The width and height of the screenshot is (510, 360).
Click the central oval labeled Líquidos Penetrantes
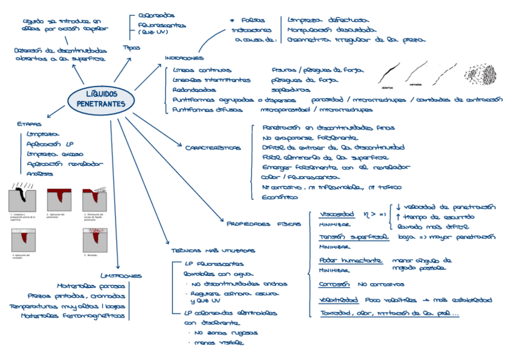pyautogui.click(x=101, y=99)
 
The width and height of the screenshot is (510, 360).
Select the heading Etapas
pyautogui.click(x=29, y=124)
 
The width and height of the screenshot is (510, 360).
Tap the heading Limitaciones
pyautogui.click(x=121, y=276)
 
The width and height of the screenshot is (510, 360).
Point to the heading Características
pyautogui.click(x=212, y=147)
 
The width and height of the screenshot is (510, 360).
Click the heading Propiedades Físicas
pyautogui.click(x=263, y=223)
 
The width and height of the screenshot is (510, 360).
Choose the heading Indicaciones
pyautogui.click(x=183, y=58)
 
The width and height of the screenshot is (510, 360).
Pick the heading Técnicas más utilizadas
pyautogui.click(x=204, y=250)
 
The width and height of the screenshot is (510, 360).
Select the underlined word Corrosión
pyautogui.click(x=334, y=284)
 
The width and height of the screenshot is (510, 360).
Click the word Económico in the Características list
pyautogui.click(x=281, y=197)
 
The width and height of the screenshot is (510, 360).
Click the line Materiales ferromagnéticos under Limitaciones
pyautogui.click(x=73, y=316)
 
